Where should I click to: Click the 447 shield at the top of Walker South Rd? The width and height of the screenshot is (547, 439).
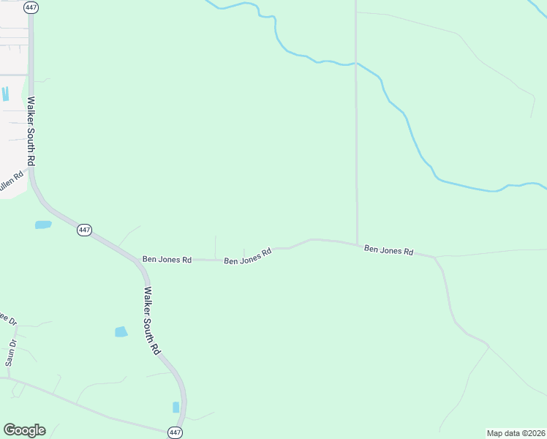31,7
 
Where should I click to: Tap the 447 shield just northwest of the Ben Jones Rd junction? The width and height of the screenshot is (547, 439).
84,230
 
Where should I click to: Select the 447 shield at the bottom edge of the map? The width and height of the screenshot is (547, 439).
176,432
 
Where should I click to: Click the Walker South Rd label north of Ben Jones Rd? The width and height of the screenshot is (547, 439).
31,130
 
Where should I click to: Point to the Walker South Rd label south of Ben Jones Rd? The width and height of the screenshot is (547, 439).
151,320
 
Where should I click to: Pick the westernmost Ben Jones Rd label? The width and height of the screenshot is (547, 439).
167,259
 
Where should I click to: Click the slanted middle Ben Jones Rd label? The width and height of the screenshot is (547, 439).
248,256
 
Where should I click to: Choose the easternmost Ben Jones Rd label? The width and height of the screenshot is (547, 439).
388,250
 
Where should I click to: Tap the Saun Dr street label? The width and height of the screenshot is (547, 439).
11,353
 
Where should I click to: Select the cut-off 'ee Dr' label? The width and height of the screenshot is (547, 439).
7,319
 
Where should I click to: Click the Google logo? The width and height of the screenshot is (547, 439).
24,430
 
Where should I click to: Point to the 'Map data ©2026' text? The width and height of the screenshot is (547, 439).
516,433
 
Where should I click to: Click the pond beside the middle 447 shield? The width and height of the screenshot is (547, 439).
43,225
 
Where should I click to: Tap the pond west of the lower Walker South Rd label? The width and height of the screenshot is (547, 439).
121,331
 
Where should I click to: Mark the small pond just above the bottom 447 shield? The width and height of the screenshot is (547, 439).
176,407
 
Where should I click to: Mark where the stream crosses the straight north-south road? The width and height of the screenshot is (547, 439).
356,64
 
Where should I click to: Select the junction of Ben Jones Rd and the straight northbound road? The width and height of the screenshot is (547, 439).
357,244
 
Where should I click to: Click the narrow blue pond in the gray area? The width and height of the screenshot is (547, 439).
6,94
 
